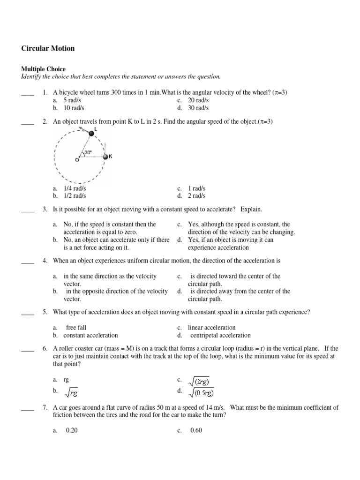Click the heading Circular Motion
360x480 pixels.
click(48, 48)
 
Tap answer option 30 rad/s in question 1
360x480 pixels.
click(198, 108)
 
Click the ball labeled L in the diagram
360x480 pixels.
click(91, 134)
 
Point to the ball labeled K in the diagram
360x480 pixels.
click(105, 157)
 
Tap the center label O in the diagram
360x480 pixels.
click(77, 160)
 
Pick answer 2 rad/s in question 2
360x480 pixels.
click(196, 196)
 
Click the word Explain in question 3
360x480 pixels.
click(252, 209)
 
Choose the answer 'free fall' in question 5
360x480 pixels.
click(76, 328)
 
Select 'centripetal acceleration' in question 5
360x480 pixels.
click(220, 335)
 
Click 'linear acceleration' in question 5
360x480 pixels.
click(211, 328)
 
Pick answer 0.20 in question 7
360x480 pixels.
click(72, 431)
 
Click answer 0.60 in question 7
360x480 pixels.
click(196, 431)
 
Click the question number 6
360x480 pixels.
click(45, 349)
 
